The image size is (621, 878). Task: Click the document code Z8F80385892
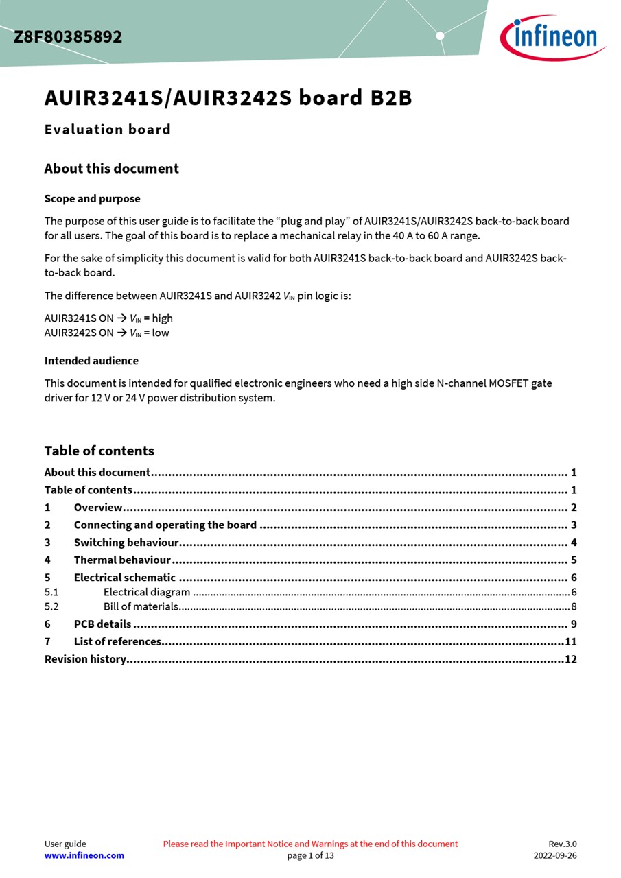click(68, 37)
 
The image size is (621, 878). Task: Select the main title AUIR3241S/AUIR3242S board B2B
click(228, 98)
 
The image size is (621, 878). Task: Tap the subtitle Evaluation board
click(108, 130)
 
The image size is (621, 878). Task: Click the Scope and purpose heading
click(92, 199)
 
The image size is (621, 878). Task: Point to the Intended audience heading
click(91, 361)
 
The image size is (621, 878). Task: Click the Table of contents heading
click(99, 451)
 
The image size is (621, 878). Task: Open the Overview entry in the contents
click(98, 508)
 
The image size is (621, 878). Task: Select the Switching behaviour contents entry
click(126, 543)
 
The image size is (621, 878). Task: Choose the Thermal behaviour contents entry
click(122, 560)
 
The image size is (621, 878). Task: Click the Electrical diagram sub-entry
click(147, 592)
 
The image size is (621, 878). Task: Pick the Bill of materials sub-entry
click(141, 606)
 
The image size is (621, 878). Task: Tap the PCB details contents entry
click(102, 624)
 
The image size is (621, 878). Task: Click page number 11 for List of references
click(570, 642)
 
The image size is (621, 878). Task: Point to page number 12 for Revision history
click(570, 659)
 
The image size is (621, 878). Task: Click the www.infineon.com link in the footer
click(84, 855)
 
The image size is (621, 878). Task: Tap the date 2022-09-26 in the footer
click(555, 855)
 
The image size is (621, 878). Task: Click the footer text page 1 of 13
click(310, 855)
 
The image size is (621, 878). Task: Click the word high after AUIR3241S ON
click(163, 318)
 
